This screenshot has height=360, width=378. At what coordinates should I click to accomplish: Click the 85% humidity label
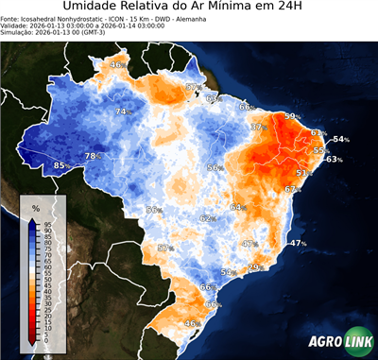click(x=61, y=165)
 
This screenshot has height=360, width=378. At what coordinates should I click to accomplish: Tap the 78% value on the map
click(x=93, y=156)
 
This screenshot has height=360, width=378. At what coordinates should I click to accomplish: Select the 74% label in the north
click(x=122, y=111)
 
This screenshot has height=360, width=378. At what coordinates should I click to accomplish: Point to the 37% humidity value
click(x=257, y=127)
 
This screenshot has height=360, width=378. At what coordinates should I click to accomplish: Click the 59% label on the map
click(x=294, y=116)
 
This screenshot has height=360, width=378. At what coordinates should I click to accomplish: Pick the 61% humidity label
click(x=319, y=132)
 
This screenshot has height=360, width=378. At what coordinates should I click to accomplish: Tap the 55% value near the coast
click(x=321, y=150)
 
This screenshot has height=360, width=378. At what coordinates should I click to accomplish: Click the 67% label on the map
click(x=292, y=189)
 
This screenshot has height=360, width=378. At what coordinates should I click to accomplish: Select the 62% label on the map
click(x=207, y=218)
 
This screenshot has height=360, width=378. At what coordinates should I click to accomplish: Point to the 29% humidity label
click(x=253, y=267)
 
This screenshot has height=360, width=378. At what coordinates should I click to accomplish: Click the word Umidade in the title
click(x=94, y=9)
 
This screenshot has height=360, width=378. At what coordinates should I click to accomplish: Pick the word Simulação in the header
click(x=19, y=34)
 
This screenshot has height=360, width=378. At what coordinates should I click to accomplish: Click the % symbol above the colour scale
click(x=35, y=207)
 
